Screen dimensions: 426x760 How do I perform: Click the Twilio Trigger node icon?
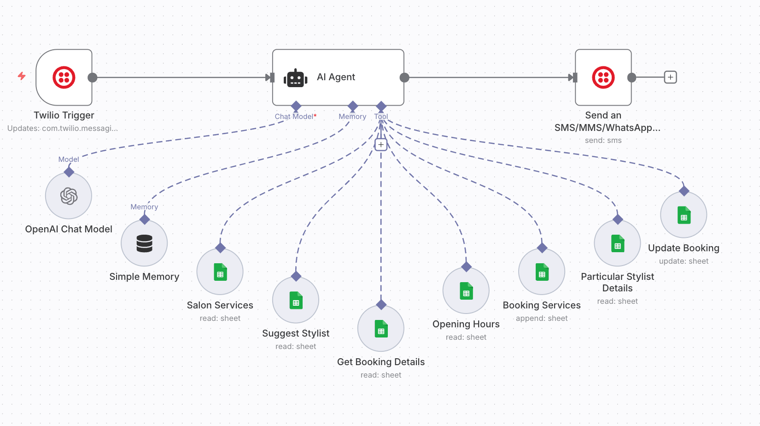[64, 77]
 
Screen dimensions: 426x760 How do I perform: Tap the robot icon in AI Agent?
[295, 78]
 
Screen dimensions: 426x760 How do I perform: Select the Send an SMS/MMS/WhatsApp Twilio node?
[603, 77]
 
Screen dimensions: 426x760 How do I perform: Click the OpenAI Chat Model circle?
[69, 196]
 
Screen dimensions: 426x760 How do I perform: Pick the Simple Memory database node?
[144, 243]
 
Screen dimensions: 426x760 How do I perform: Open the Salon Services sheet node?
[220, 272]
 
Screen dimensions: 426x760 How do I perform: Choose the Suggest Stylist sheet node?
[296, 300]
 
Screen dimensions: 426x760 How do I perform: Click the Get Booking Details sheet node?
[381, 329]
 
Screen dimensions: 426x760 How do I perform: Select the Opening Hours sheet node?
[466, 291]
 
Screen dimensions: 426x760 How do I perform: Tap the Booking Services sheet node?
[542, 272]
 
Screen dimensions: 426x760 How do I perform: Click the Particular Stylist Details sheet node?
[617, 243]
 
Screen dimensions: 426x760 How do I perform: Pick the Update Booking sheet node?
[684, 215]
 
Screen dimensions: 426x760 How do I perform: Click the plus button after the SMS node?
[671, 77]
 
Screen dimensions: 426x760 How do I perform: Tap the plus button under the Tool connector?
[381, 145]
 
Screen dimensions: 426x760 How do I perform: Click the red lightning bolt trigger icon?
[22, 76]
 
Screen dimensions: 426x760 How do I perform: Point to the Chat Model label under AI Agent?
[295, 117]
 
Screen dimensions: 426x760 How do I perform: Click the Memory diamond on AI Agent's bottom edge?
[353, 106]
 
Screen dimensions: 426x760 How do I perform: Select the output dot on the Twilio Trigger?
[93, 77]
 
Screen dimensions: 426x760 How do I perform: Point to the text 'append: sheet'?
[542, 318]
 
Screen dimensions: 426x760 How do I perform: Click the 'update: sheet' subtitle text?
[684, 261]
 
